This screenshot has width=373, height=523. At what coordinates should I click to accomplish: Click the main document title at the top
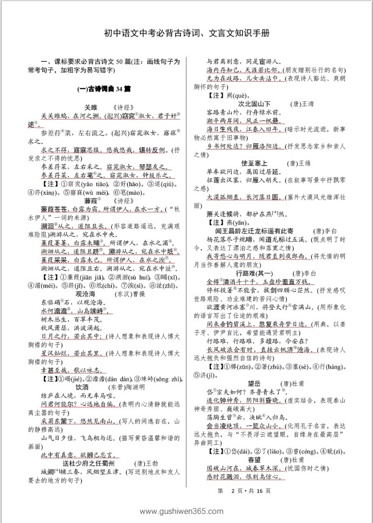click(x=186, y=34)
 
